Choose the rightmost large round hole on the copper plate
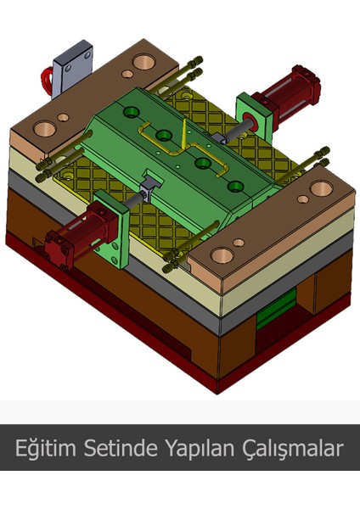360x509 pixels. [x=321, y=188]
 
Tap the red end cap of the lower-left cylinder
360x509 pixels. [x=58, y=243]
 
